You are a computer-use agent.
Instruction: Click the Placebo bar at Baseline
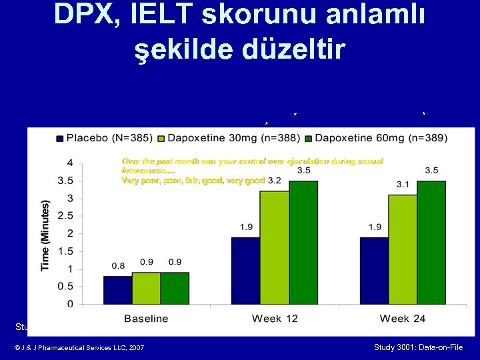(117, 290)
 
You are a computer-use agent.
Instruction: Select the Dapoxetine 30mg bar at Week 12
(275, 247)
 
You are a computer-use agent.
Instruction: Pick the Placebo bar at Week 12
(246, 270)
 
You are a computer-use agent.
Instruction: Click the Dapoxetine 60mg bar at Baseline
(175, 288)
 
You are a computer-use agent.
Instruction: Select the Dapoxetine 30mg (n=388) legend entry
(228, 138)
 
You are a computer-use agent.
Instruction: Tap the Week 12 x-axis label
(275, 318)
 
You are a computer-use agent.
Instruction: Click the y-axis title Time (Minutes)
(45, 234)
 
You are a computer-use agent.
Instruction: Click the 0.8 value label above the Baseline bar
(118, 266)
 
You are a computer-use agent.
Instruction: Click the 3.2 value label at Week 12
(274, 181)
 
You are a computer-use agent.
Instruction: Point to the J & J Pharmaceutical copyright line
(78, 348)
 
